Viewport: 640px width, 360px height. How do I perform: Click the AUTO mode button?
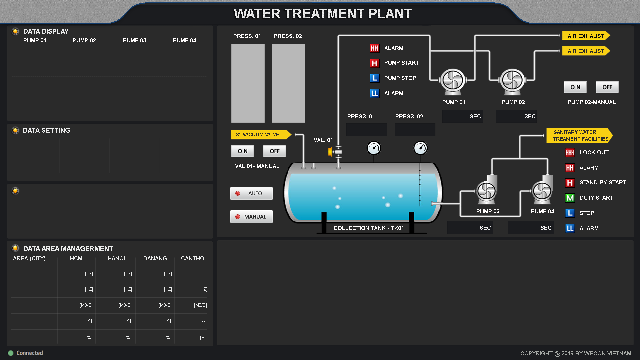point(251,193)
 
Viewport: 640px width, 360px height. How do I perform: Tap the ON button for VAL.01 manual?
point(242,151)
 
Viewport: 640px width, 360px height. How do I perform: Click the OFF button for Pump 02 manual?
point(607,87)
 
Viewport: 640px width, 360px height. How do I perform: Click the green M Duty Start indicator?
point(570,198)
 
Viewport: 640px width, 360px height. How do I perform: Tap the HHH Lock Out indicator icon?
point(570,153)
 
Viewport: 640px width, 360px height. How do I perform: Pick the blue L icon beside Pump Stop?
point(375,78)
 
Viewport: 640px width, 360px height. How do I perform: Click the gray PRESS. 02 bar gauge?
point(289,83)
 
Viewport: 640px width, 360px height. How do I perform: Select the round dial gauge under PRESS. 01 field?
point(374,148)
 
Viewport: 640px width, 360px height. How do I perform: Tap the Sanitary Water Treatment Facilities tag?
point(580,136)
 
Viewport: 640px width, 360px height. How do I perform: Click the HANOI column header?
point(116,258)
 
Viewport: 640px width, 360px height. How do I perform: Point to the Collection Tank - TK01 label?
point(369,228)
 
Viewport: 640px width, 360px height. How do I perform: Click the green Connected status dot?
point(11,353)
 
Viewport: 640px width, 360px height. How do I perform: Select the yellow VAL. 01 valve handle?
point(331,152)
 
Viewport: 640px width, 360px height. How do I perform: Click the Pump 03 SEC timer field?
point(470,228)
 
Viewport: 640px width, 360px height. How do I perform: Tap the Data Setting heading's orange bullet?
point(15,130)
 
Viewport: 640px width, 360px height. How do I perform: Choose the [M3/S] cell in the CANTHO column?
point(200,305)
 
